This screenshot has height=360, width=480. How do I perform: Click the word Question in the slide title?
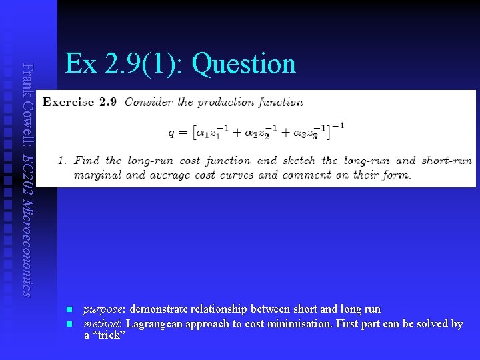click(x=243, y=64)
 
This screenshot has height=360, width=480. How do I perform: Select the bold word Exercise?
click(x=69, y=103)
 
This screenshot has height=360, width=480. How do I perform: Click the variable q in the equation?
click(x=172, y=132)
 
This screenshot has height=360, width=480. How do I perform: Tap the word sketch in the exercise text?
click(x=299, y=161)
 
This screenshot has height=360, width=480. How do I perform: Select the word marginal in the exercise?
click(x=98, y=175)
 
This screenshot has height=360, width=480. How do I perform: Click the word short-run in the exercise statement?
click(x=447, y=161)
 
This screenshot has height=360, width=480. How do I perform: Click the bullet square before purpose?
click(x=69, y=309)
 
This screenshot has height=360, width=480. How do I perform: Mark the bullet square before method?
click(x=69, y=323)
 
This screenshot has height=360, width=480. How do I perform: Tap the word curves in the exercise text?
click(x=237, y=175)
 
